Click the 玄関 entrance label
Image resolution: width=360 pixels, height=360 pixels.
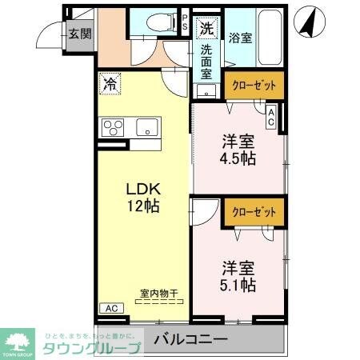click(x=78, y=34)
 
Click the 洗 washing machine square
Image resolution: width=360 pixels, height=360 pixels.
click(x=206, y=27)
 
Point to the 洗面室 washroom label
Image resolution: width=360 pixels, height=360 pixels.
click(x=206, y=60)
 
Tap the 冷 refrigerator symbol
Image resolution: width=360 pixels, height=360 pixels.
click(x=110, y=82)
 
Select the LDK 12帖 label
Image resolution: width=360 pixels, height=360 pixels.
click(x=145, y=197)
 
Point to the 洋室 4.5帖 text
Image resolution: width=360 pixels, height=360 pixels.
click(x=238, y=150)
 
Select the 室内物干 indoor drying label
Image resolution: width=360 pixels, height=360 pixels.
click(x=161, y=294)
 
